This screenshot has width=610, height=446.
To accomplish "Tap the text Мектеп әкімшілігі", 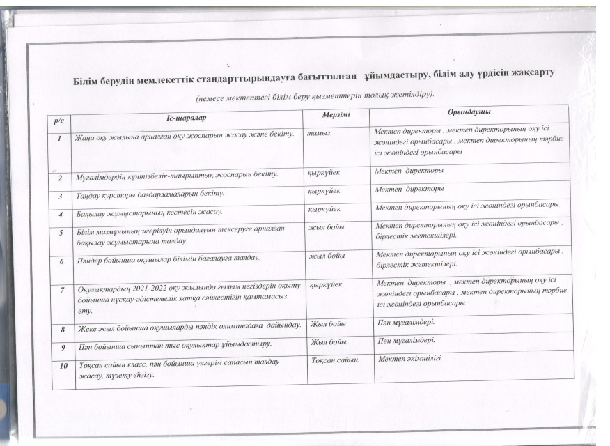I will click(x=410, y=359).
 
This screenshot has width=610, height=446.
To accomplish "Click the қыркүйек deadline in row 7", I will click(x=324, y=284).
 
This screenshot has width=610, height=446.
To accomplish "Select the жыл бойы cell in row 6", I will click(x=327, y=256).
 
